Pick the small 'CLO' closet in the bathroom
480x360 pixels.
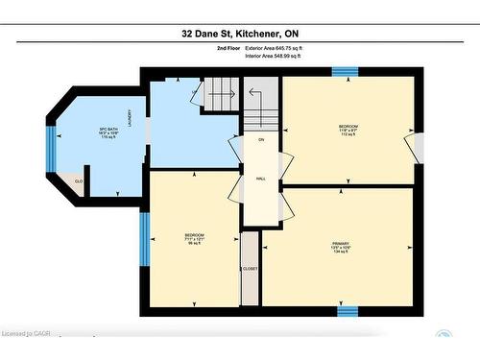tap(79, 180)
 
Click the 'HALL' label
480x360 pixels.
tap(260, 178)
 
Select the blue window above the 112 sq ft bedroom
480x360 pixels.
tap(346, 71)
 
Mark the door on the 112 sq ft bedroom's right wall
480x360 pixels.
tap(415, 146)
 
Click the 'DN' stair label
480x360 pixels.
tap(260, 140)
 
